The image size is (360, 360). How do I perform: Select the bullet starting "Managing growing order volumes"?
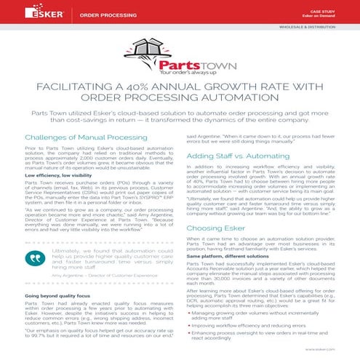[263, 314]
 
